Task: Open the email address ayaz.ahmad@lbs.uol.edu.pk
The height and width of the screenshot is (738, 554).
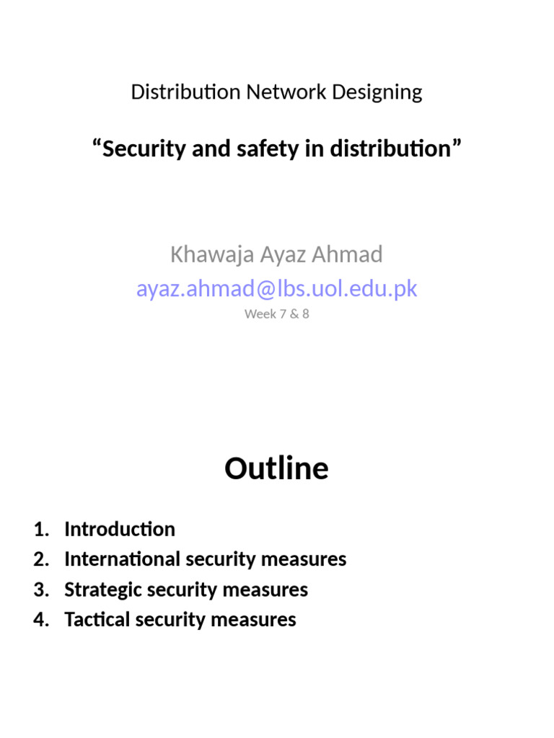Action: click(277, 289)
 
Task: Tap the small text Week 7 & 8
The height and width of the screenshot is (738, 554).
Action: click(277, 314)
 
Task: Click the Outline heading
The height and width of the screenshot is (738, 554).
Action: click(276, 468)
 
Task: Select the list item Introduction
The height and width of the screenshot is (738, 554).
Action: click(120, 529)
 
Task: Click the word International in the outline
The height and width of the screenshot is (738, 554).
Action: click(122, 559)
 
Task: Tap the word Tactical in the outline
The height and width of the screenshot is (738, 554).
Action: click(95, 620)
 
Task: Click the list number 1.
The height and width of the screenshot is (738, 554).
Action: click(40, 529)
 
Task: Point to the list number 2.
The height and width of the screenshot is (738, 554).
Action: click(40, 559)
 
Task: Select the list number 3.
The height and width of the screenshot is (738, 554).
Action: click(40, 590)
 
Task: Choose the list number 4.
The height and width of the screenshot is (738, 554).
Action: click(40, 620)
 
